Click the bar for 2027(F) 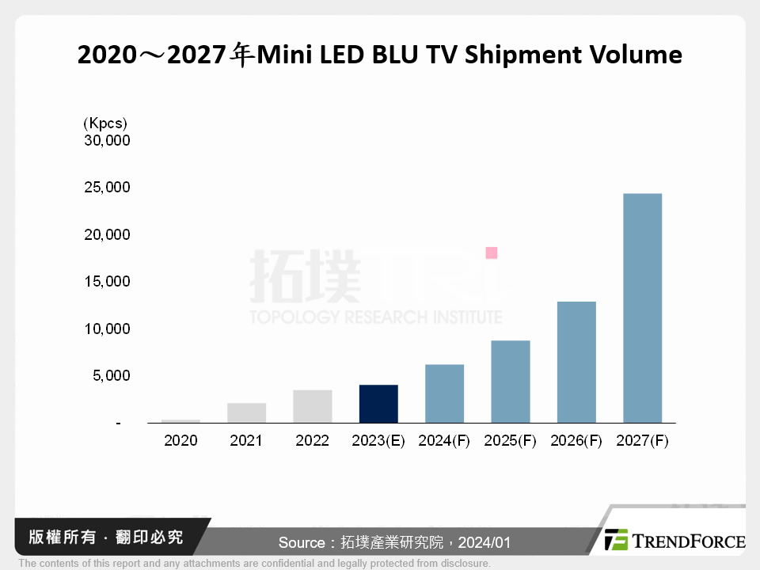642,308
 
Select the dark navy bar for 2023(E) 378,404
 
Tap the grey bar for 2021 246,412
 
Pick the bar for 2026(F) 576,362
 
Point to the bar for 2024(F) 444,393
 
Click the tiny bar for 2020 180,421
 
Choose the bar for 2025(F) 511,382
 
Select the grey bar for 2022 313,406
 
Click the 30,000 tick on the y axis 106,141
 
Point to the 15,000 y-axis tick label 106,282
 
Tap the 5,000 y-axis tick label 110,376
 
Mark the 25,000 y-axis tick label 106,188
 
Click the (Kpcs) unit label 104,123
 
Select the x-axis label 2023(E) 378,441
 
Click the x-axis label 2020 180,441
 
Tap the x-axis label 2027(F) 642,441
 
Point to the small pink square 491,253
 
